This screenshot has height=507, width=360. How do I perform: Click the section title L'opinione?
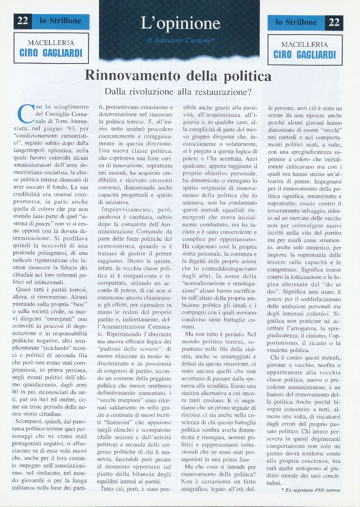pyautogui.click(x=180, y=23)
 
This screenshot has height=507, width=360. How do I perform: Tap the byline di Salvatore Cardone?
pyautogui.click(x=180, y=41)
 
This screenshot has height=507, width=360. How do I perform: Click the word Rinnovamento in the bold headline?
pyautogui.click(x=132, y=76)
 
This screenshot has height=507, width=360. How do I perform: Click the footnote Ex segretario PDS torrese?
pyautogui.click(x=312, y=489)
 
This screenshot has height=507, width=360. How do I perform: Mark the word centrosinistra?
pyautogui.click(x=121, y=246)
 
